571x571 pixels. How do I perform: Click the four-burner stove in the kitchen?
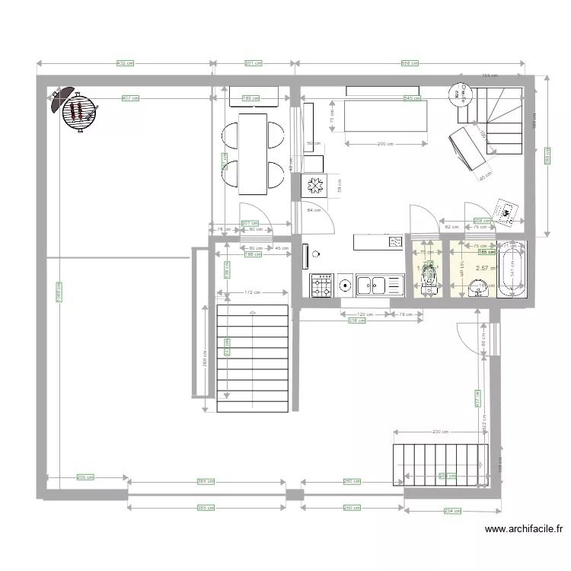pos(321,285)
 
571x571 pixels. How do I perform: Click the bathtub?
pos(511,268)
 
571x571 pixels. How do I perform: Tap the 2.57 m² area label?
pos(484,268)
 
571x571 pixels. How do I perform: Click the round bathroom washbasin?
pos(478,288)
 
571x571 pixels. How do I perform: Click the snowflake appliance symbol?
pos(314,185)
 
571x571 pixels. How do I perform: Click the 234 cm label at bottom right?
pos(451,511)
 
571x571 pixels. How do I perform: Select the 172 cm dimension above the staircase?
pos(253,292)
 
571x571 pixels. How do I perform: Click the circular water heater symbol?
pos(459,93)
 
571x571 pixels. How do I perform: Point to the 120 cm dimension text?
pos(365,314)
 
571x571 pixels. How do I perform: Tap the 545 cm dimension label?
pos(411,98)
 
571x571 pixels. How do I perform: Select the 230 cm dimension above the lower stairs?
pos(440,432)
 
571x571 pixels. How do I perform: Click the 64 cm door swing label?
pos(313,209)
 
